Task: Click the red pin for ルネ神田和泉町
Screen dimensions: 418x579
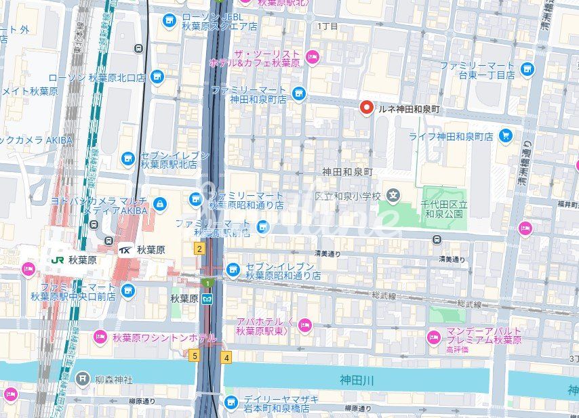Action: (367, 108)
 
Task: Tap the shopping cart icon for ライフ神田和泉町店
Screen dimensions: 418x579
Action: (505, 136)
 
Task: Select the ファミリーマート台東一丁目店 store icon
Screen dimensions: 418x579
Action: (527, 69)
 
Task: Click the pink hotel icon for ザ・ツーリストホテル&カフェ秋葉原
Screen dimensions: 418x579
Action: (313, 56)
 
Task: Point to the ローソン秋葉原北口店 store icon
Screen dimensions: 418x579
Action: (157, 77)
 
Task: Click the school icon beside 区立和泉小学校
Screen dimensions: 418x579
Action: (393, 196)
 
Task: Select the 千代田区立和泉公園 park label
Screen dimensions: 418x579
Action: (443, 208)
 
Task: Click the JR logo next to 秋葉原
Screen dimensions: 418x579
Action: (58, 259)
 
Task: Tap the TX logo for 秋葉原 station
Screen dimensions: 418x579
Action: (126, 249)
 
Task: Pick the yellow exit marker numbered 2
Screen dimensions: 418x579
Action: (199, 249)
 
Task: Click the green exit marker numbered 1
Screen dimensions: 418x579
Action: (205, 282)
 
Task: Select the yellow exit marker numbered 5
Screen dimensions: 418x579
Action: (195, 356)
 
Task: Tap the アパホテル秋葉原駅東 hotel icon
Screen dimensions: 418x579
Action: (305, 325)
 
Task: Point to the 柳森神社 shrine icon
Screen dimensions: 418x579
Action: (83, 377)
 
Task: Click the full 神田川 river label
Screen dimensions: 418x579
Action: (357, 381)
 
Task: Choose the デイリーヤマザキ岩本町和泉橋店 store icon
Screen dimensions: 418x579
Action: (231, 402)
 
